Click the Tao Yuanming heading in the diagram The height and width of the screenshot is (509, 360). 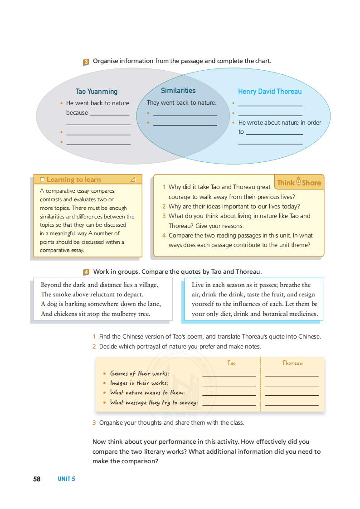96,92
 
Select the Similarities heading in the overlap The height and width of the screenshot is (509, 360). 178,91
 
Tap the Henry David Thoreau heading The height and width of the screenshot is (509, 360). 270,92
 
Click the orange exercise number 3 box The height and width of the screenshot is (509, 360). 86,62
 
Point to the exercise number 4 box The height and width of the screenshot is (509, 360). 86,272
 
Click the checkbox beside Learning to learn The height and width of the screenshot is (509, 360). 42,179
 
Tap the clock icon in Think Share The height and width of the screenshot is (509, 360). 298,182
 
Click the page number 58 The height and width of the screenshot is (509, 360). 37,479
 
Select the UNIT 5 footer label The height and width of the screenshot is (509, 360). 66,479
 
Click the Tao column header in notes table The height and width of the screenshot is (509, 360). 231,363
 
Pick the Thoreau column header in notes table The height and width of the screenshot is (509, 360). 292,363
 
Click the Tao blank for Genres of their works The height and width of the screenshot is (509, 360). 229,374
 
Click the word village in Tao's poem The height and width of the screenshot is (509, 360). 147,285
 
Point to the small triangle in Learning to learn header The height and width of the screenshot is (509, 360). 133,179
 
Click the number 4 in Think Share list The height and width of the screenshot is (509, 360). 164,235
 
